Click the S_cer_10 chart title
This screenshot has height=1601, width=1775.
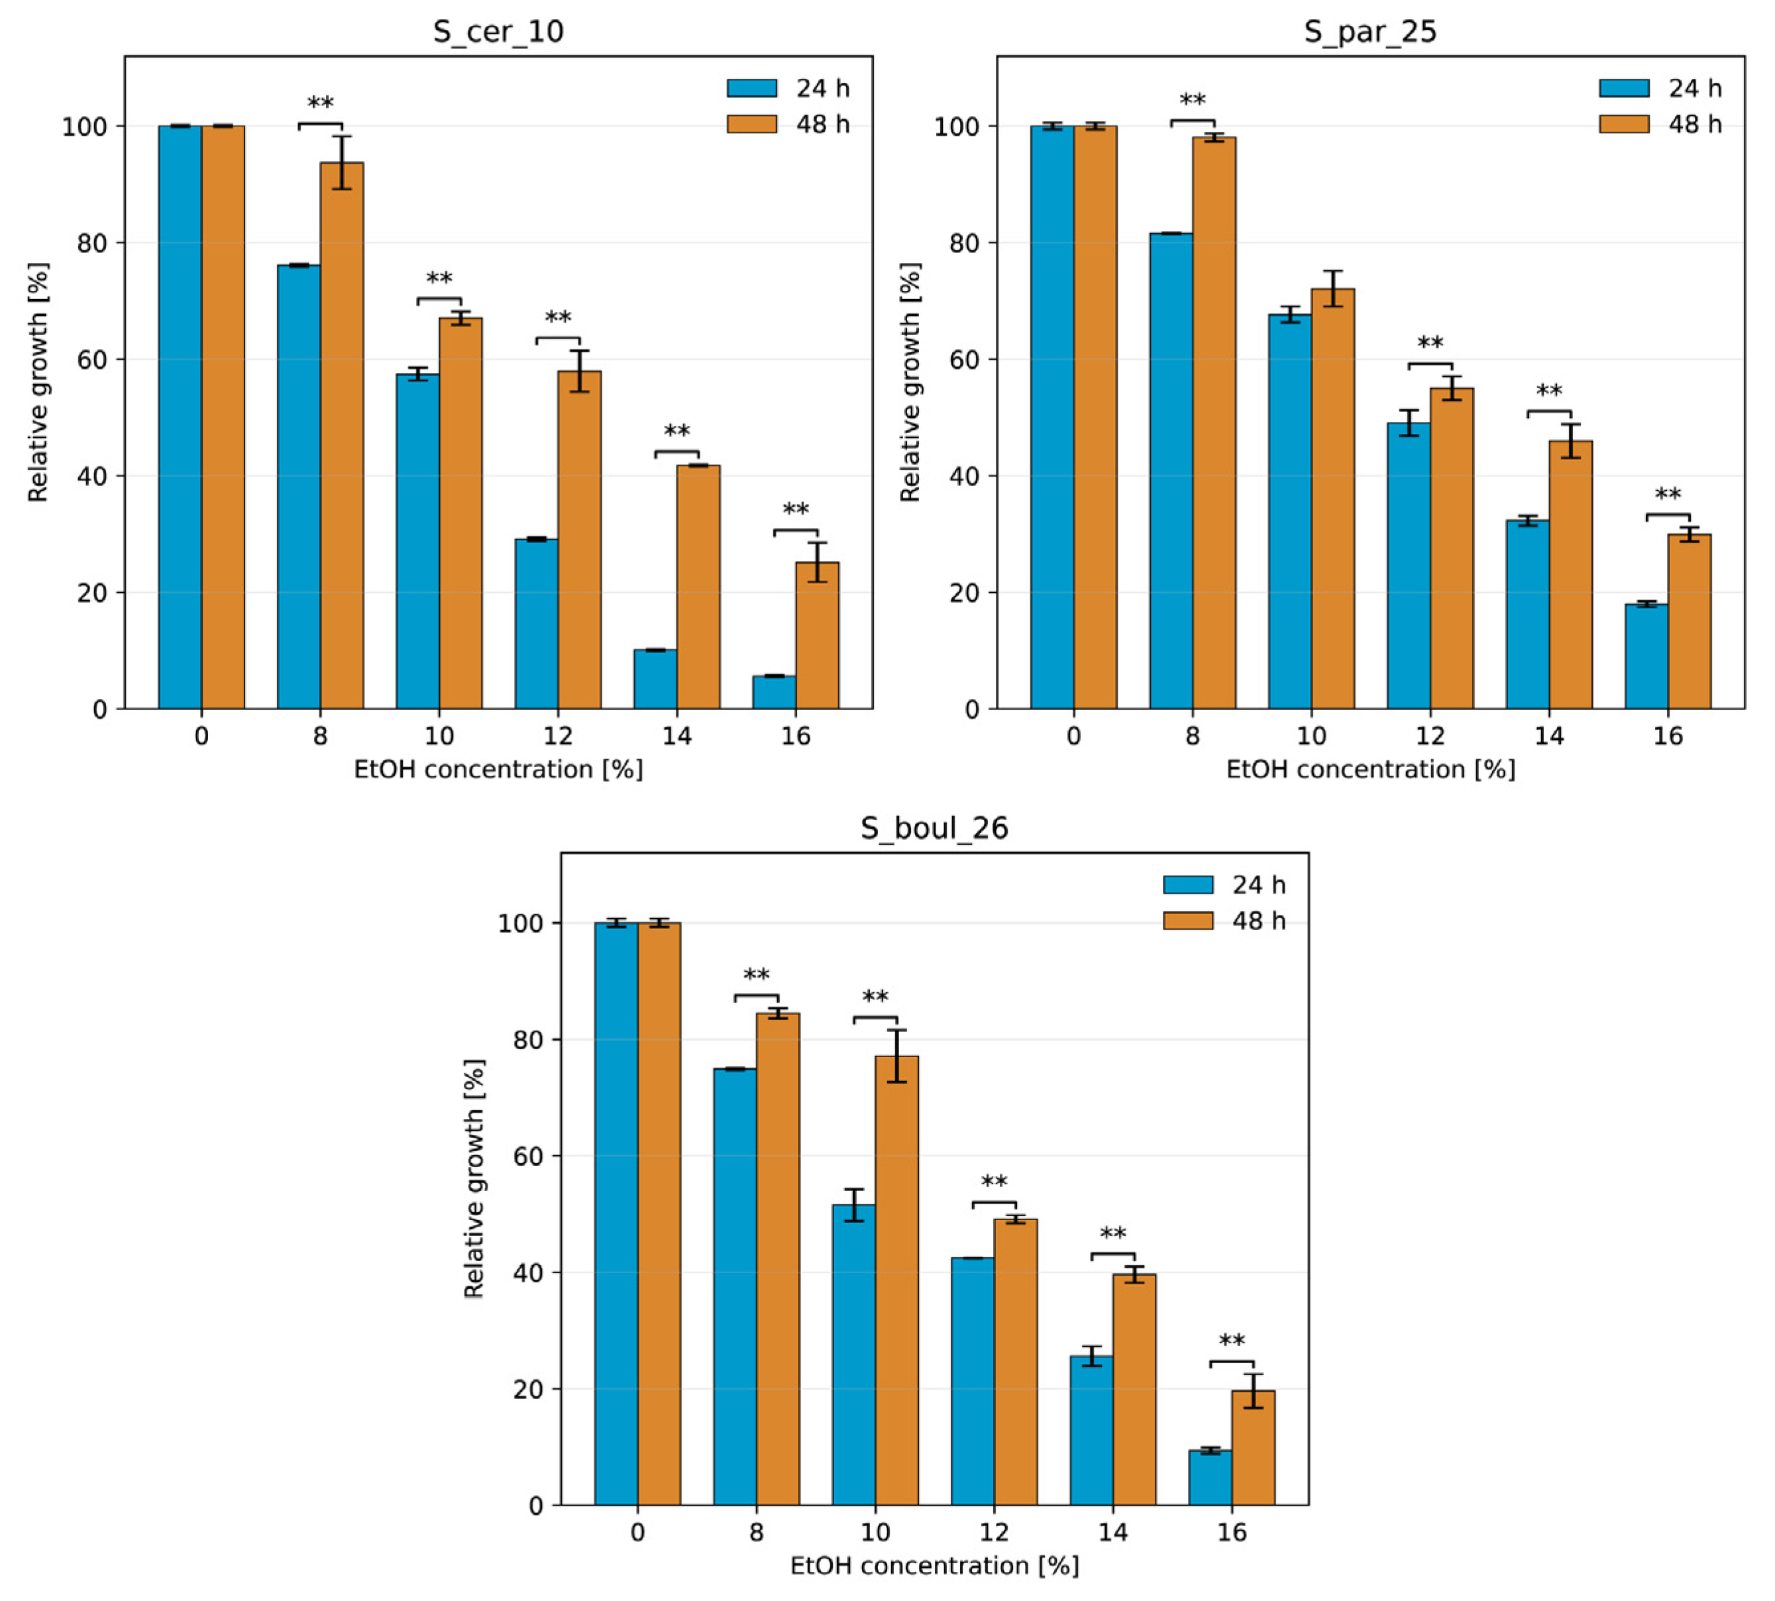pyautogui.click(x=498, y=32)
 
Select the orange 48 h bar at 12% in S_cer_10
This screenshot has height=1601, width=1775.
pyautogui.click(x=579, y=539)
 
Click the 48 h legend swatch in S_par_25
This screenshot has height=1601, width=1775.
pyautogui.click(x=1624, y=124)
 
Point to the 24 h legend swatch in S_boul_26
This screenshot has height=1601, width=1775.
pyautogui.click(x=1187, y=884)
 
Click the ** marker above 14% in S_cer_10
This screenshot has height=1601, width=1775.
pyautogui.click(x=676, y=432)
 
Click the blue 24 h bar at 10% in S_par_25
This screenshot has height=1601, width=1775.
pyautogui.click(x=1289, y=510)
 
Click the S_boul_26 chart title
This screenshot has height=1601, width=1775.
pyautogui.click(x=934, y=828)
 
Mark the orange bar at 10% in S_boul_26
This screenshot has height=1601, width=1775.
pyautogui.click(x=896, y=1280)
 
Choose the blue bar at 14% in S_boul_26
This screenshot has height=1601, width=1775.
pyautogui.click(x=1091, y=1429)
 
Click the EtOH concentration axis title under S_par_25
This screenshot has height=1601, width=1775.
pyautogui.click(x=1370, y=770)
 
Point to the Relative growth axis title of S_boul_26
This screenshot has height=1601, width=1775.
pyautogui.click(x=474, y=1179)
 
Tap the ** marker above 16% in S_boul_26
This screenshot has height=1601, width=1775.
pyautogui.click(x=1231, y=1341)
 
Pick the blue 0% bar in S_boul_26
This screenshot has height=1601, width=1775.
pyautogui.click(x=616, y=1214)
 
